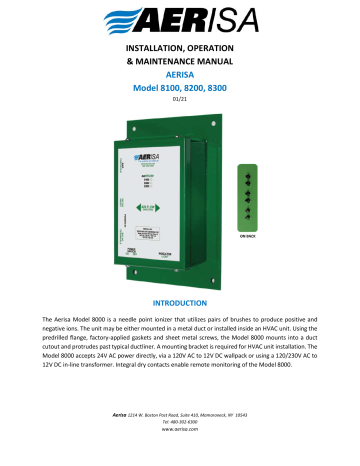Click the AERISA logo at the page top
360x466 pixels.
[179, 20]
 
